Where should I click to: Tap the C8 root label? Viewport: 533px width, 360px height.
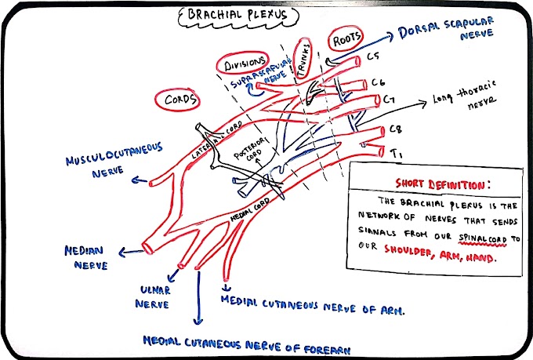[x=398, y=129]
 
